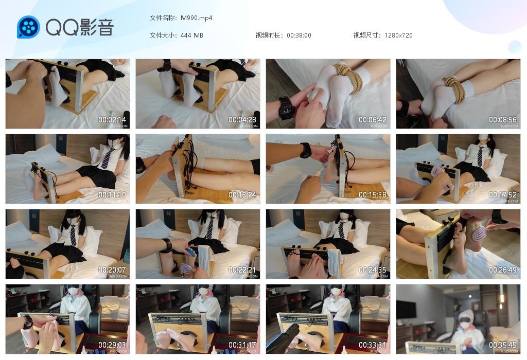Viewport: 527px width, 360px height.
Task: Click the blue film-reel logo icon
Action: [x=28, y=27]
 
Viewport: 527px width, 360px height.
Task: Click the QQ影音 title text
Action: [x=79, y=27]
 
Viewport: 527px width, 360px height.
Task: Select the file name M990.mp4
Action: [x=196, y=18]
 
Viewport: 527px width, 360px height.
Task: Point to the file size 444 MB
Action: [x=191, y=35]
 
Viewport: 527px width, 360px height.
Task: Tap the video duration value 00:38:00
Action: [x=298, y=35]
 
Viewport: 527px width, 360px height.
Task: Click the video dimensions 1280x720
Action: [x=398, y=35]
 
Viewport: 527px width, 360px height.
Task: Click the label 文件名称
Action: [x=163, y=18]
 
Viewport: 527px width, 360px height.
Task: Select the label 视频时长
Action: [x=269, y=35]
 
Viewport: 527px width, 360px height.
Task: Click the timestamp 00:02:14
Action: [x=112, y=120]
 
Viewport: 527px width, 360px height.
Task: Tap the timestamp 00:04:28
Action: [x=242, y=120]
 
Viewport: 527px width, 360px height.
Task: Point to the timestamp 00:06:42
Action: [x=373, y=120]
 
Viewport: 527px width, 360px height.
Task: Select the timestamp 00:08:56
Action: [x=503, y=120]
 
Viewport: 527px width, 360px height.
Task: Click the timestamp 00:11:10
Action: [x=112, y=195]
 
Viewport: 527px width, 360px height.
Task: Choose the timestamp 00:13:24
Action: [x=242, y=195]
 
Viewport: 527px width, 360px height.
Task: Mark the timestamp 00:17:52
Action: [x=503, y=195]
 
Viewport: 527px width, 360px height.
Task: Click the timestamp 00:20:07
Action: [x=112, y=270]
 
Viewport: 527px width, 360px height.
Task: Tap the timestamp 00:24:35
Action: [x=373, y=270]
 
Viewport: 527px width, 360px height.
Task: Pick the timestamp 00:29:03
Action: [x=112, y=345]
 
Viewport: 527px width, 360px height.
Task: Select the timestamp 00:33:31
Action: [x=373, y=345]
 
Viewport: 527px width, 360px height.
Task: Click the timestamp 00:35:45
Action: [x=503, y=345]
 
